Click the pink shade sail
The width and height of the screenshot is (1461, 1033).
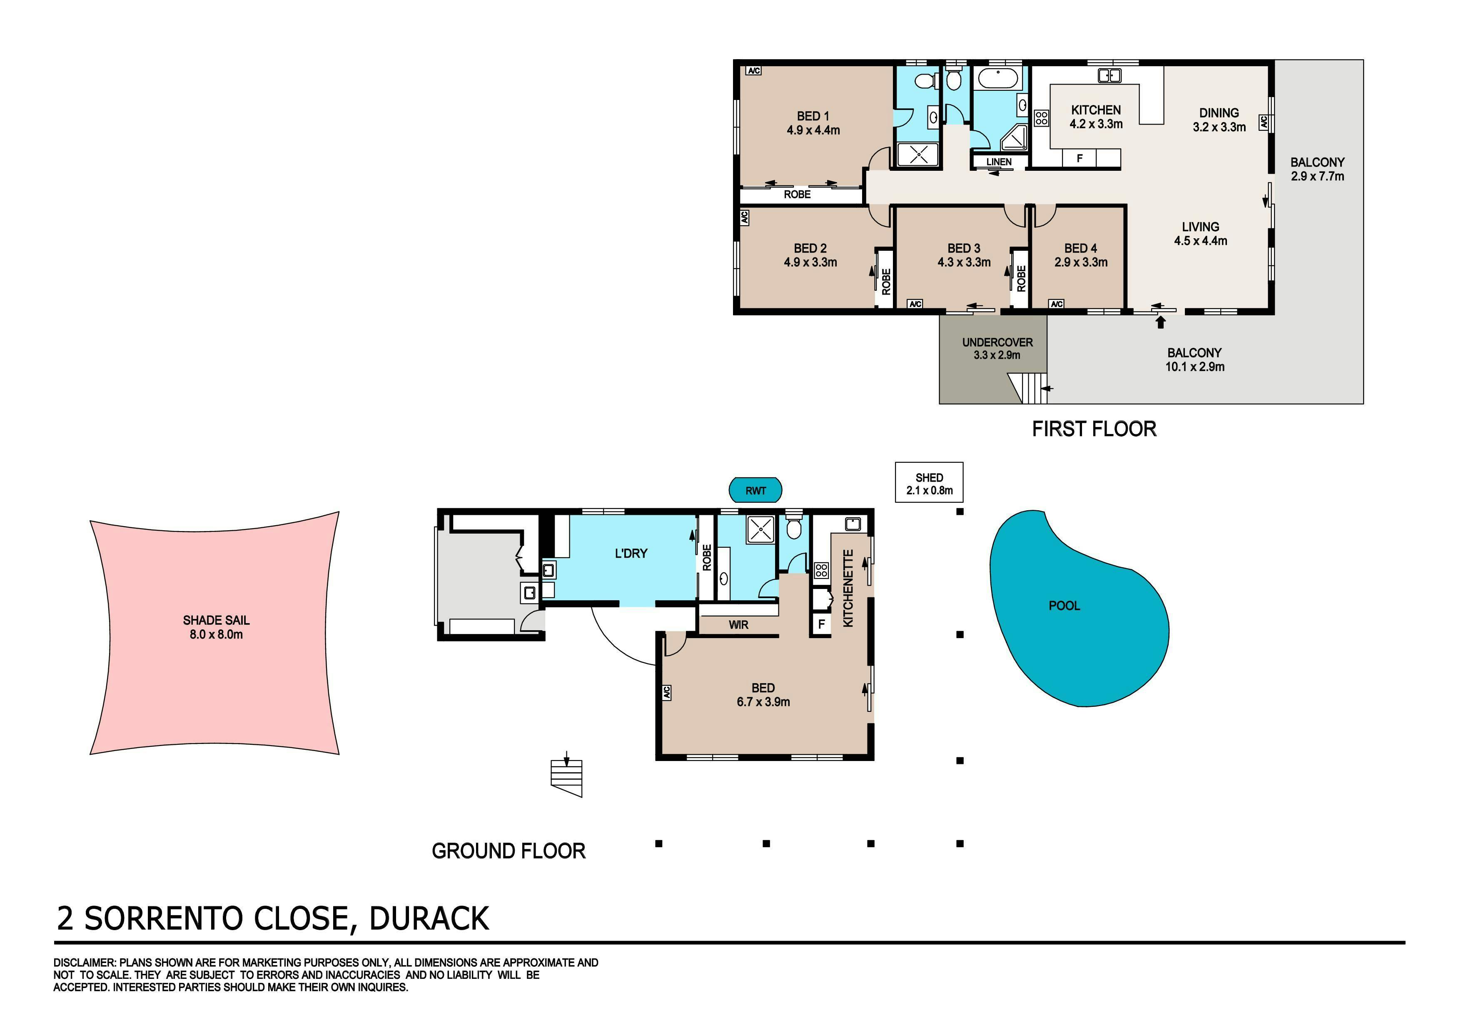tap(214, 633)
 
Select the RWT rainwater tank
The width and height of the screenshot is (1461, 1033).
tap(755, 490)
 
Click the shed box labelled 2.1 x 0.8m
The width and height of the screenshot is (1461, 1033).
tap(929, 482)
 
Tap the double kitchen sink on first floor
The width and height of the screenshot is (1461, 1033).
tap(1109, 76)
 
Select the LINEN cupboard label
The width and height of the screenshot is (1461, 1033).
tap(998, 162)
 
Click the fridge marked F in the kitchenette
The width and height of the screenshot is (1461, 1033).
tap(821, 624)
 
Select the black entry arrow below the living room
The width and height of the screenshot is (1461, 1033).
tap(1160, 322)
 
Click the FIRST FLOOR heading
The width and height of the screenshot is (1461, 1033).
tap(1094, 429)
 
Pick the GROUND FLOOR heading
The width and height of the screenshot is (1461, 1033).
tap(509, 851)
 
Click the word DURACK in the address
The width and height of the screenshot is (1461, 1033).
tap(429, 918)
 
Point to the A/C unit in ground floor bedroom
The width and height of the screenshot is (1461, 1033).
tap(667, 693)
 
